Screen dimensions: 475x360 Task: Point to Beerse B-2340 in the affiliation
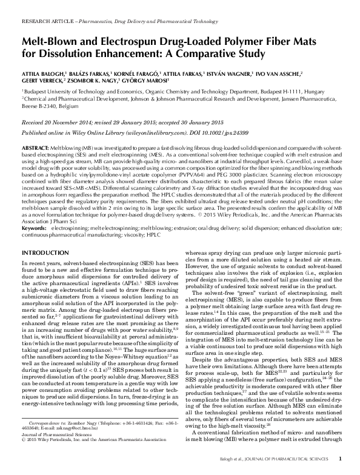pyautogui.click(x=41, y=104)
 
